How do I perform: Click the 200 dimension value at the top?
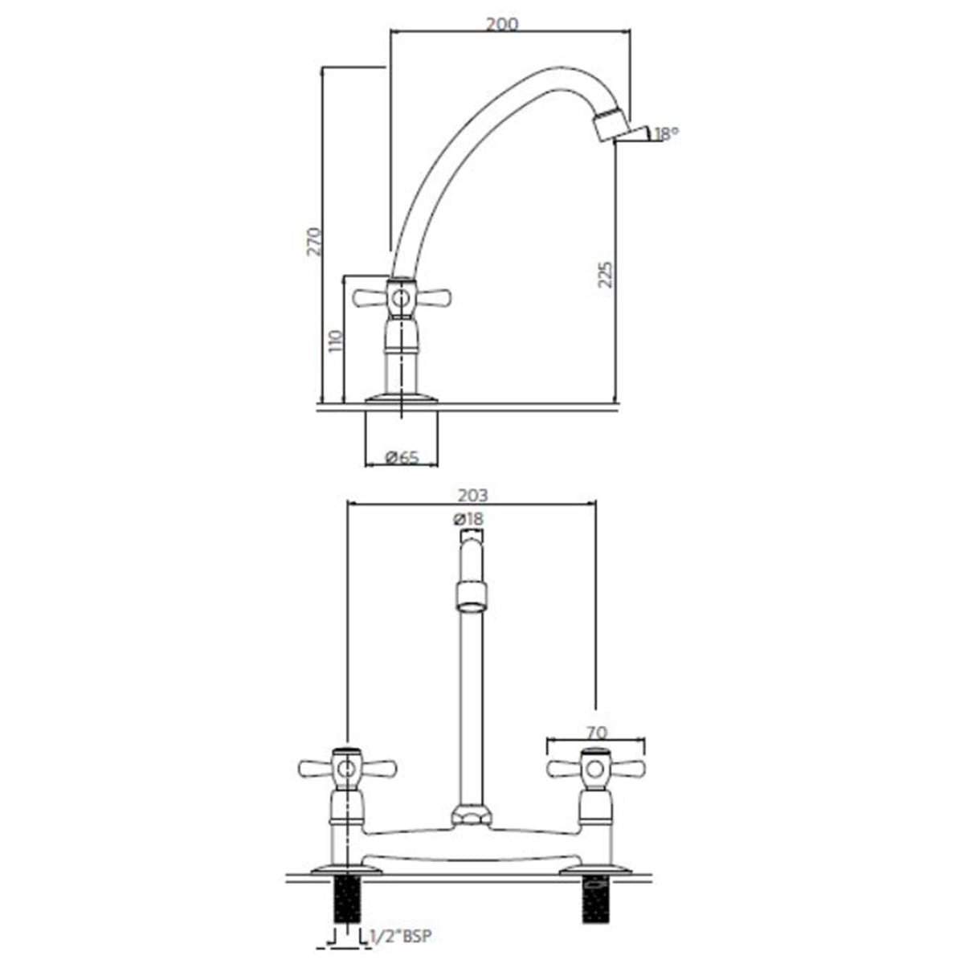point(502,24)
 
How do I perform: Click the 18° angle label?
point(666,134)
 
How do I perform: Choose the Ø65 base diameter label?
point(402,457)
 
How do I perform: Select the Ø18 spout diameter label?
point(469,519)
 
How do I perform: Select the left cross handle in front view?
point(347,769)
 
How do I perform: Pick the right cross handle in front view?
point(594,769)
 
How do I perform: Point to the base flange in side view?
point(402,398)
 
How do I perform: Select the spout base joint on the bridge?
point(470,815)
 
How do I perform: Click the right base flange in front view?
point(594,868)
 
